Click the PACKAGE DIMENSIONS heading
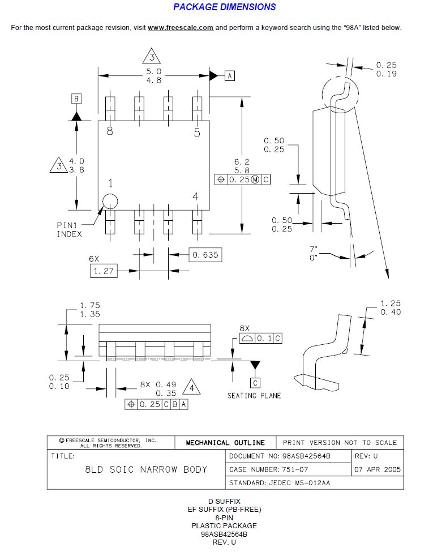coord(224,7)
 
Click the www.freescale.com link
coord(181,28)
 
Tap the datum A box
coord(229,75)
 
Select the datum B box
coord(76,99)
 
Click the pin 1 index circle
coord(110,202)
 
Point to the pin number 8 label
coord(110,131)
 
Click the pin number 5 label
coord(196,133)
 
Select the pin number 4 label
coord(195,196)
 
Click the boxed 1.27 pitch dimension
coord(104,271)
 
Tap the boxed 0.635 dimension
coord(204,255)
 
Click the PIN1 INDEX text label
coord(69,229)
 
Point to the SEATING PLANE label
coord(254,395)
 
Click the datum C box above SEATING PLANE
coord(255,383)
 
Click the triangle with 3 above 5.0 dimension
coord(152,57)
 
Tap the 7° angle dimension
coord(313,249)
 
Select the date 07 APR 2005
coord(378,469)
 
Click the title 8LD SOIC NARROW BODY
coord(146,469)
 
